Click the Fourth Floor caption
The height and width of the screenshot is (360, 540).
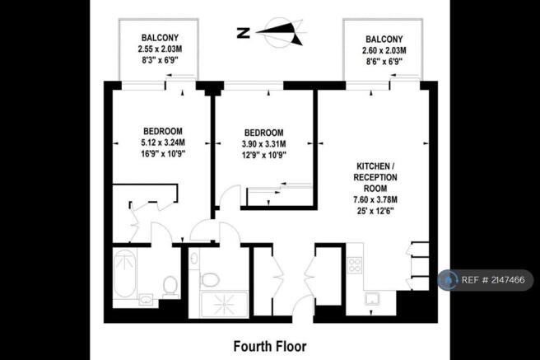click(x=270, y=346)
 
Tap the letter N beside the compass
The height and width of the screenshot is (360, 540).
click(x=244, y=33)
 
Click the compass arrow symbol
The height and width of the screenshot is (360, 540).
click(x=280, y=33)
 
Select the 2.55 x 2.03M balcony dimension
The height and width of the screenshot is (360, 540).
click(x=160, y=49)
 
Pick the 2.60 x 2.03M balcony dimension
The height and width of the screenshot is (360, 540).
click(x=384, y=50)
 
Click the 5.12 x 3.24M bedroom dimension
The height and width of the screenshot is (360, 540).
click(x=163, y=143)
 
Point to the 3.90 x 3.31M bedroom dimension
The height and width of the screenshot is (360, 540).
click(x=263, y=143)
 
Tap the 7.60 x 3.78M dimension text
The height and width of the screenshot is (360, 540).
click(x=375, y=199)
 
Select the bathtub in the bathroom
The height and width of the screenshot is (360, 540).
click(x=124, y=274)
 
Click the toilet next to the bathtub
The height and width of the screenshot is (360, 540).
click(x=170, y=286)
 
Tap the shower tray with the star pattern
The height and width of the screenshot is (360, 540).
click(x=224, y=304)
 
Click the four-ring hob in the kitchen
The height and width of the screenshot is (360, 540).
click(x=354, y=265)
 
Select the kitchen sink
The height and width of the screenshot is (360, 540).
click(x=373, y=298)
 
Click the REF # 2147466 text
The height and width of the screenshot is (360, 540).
click(x=493, y=280)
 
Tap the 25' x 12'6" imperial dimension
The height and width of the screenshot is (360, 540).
click(x=375, y=211)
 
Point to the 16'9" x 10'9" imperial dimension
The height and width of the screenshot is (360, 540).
click(x=163, y=154)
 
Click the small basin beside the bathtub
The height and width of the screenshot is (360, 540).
click(x=147, y=299)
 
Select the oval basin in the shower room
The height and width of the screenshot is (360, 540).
click(x=194, y=258)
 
